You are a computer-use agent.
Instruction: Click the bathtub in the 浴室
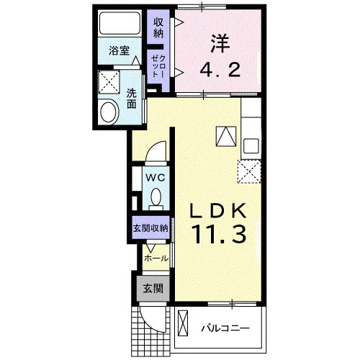pos(120,23)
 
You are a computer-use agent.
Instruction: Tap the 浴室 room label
pos(120,51)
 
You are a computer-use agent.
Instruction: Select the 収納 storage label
pos(158,27)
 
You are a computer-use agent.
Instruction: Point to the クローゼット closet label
pos(158,66)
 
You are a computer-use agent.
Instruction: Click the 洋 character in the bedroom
pos(220,44)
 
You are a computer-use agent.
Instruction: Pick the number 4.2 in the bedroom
pos(220,69)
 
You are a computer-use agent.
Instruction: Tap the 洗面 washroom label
pos(132,98)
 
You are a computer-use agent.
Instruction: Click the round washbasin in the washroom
pos(109,112)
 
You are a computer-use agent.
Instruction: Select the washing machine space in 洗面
pos(109,82)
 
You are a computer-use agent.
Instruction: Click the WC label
pos(156,178)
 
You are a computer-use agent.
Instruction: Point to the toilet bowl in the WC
pos(156,197)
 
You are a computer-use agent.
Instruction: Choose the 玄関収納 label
pos(150,228)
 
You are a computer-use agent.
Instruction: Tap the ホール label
pos(156,258)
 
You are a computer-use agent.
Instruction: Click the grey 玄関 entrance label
pos(153,288)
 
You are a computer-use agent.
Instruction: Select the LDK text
pos(218,210)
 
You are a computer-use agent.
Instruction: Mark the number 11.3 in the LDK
pos(219,235)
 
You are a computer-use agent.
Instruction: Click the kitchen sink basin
pos(251,146)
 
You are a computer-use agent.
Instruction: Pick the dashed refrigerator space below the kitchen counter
pos(249,172)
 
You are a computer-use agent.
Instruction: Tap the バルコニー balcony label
pos(225,328)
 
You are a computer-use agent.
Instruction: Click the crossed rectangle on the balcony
pos(183,323)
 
